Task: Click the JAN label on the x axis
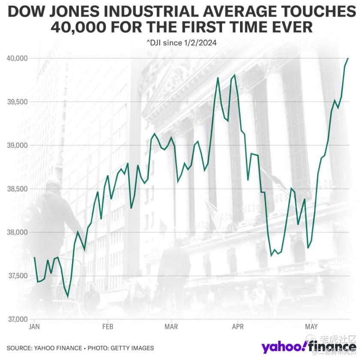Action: (34, 327)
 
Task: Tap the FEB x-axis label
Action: (108, 327)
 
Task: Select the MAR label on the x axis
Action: (171, 327)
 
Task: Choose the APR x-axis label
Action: (238, 327)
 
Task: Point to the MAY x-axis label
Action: (311, 327)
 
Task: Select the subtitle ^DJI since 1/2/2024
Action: (182, 43)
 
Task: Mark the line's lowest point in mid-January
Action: (68, 296)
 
